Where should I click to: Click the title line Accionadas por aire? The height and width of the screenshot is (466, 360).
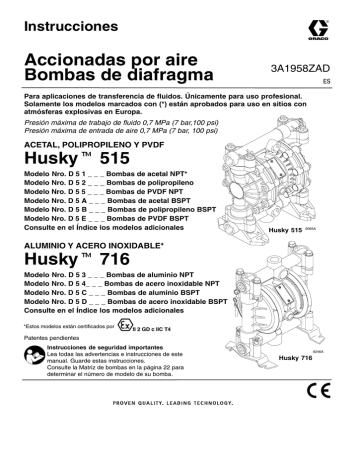[104, 58]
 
